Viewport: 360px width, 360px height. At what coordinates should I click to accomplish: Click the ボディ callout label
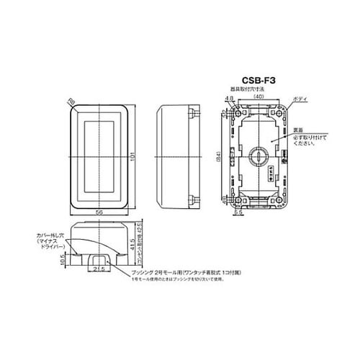click(x=301, y=99)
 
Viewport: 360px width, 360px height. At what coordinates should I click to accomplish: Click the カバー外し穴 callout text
click(x=50, y=236)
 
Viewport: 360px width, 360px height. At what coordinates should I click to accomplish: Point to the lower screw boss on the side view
click(x=192, y=199)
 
